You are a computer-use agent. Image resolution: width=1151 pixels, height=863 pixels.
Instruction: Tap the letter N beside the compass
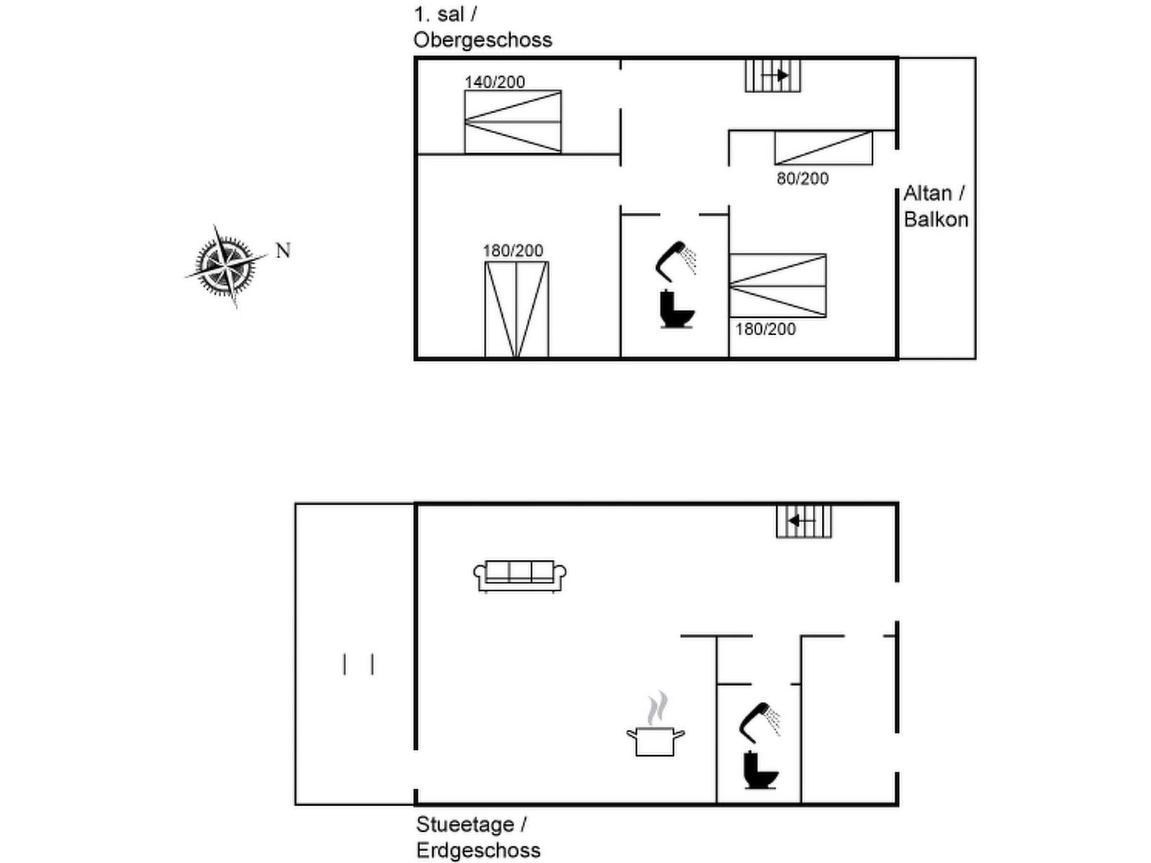pyautogui.click(x=283, y=250)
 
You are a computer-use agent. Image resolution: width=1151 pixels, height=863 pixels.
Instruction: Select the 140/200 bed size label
pyautogui.click(x=495, y=82)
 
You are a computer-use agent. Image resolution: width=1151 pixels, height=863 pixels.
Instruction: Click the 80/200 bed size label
pyautogui.click(x=802, y=178)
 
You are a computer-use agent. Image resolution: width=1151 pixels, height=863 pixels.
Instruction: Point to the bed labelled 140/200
pyautogui.click(x=512, y=122)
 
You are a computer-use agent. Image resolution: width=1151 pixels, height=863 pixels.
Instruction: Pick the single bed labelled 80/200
pyautogui.click(x=823, y=147)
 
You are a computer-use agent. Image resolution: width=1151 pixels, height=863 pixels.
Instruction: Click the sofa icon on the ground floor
pyautogui.click(x=519, y=575)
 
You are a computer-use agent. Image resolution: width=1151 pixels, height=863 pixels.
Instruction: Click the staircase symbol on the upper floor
pyautogui.click(x=773, y=75)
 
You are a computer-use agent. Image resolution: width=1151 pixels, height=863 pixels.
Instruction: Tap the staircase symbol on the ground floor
pyautogui.click(x=804, y=521)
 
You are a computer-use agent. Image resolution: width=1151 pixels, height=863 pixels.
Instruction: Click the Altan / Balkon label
pyautogui.click(x=935, y=206)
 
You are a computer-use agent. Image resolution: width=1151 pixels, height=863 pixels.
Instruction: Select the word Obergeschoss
pyautogui.click(x=483, y=40)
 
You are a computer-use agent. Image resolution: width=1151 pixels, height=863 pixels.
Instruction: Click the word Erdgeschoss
pyautogui.click(x=478, y=850)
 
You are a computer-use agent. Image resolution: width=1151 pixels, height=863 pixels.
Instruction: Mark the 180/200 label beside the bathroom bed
pyautogui.click(x=765, y=329)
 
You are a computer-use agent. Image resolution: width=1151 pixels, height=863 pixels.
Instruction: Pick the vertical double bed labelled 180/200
pyautogui.click(x=517, y=309)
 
